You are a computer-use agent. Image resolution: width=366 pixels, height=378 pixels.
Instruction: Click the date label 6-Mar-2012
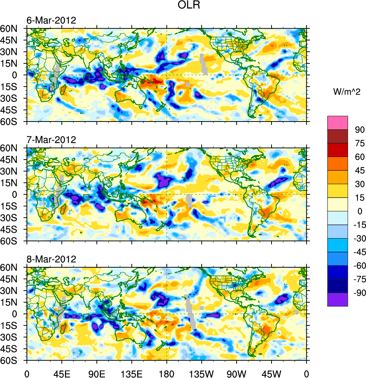tap(51, 20)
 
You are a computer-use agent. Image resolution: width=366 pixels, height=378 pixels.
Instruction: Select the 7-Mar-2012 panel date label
tap(51, 140)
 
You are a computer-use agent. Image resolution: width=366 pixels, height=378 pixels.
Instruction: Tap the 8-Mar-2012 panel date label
tap(51, 259)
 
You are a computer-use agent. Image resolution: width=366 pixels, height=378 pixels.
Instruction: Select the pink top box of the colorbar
tap(338, 123)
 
